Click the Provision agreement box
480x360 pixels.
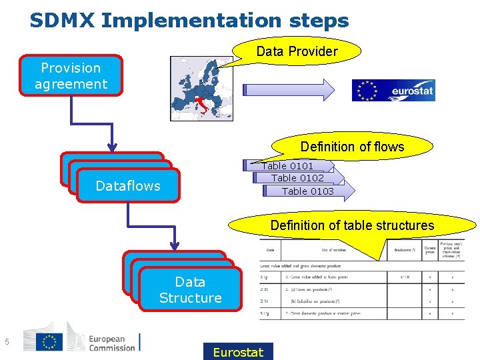tap(71, 76)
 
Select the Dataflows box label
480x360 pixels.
tap(128, 186)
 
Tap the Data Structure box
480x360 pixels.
tap(190, 290)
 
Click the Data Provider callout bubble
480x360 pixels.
tap(297, 51)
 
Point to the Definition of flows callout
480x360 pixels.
tap(352, 147)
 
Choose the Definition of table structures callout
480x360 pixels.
tap(352, 225)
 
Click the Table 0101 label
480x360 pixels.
tap(287, 166)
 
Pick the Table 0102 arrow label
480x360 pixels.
tap(297, 178)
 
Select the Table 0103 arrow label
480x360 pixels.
tap(307, 191)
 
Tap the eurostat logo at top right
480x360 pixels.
tap(393, 90)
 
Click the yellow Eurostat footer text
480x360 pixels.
tap(238, 351)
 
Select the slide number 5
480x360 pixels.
tap(6, 343)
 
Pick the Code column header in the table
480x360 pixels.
tap(270, 250)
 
